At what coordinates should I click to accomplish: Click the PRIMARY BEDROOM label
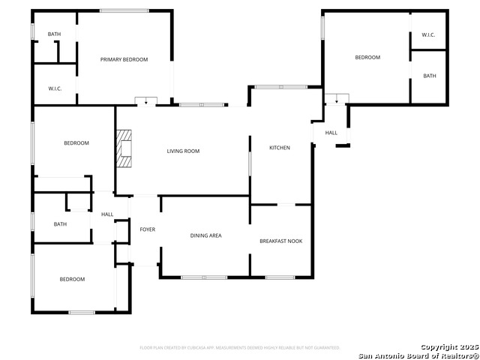[124, 59]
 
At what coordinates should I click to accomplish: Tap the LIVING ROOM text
[183, 151]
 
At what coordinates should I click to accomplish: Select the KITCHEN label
[280, 148]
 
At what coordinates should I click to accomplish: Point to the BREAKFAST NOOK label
[281, 241]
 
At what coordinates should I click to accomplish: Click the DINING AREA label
[205, 235]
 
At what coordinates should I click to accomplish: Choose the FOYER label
[148, 229]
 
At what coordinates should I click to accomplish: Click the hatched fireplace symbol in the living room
[124, 148]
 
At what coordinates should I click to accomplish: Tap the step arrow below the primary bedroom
[145, 101]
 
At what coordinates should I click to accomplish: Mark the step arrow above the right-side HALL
[337, 98]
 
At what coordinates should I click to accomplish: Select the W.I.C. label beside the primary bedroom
[55, 89]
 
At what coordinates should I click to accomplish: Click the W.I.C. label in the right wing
[428, 35]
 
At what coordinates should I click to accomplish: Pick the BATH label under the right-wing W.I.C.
[429, 76]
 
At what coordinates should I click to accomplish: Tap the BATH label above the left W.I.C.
[55, 34]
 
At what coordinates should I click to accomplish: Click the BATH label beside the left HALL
[60, 223]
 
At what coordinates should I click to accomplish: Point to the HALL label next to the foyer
[107, 214]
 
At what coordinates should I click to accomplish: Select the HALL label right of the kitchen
[331, 133]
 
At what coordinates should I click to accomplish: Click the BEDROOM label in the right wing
[367, 58]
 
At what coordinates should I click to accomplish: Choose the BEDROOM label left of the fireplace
[76, 143]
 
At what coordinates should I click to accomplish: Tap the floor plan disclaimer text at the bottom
[240, 348]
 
